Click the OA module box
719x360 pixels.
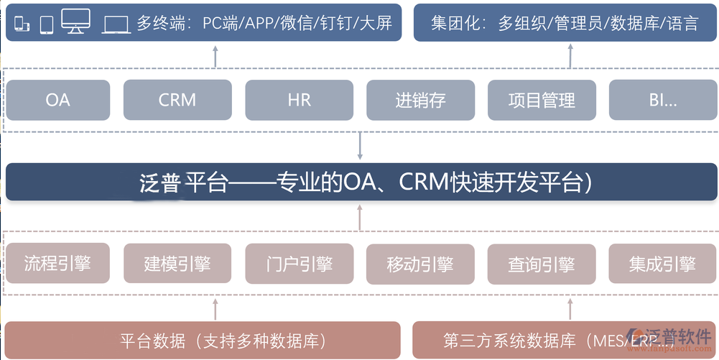click(57, 100)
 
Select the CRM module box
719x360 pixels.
click(177, 100)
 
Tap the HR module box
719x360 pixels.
click(299, 100)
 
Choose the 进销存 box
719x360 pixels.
click(420, 100)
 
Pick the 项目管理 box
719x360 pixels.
click(542, 100)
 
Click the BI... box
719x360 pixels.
click(663, 100)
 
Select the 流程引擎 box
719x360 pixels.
click(57, 264)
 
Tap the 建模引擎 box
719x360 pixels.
click(177, 264)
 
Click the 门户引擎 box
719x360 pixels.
click(299, 264)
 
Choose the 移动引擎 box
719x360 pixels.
click(420, 264)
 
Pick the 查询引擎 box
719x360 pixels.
click(542, 264)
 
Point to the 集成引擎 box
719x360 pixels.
click(663, 264)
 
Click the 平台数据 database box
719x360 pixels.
click(203, 340)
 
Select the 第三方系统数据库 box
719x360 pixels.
click(532, 340)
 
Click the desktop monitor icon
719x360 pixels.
click(75, 22)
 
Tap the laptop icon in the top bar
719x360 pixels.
click(116, 24)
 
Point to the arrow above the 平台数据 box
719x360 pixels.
click(215, 308)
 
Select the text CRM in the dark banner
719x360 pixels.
click(422, 183)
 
